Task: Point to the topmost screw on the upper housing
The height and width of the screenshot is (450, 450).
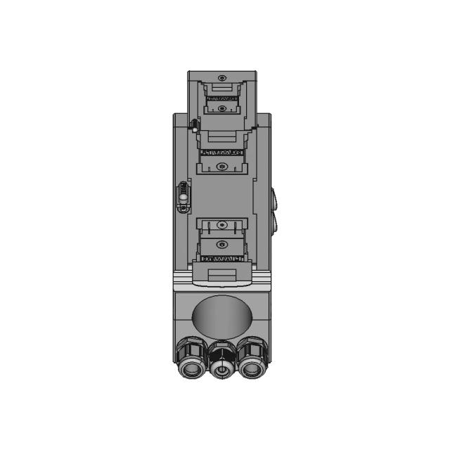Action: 222,77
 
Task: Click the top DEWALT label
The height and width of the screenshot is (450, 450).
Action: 221,99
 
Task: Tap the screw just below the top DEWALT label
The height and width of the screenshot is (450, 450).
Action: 221,109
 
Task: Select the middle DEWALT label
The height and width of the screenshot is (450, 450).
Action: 221,151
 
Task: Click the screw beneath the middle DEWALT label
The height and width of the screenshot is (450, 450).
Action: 222,167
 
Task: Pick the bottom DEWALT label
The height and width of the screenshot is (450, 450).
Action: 221,259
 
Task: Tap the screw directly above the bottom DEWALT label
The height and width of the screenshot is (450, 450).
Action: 222,244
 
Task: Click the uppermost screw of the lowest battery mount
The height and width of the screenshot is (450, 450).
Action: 222,224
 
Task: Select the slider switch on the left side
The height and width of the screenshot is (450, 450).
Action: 184,193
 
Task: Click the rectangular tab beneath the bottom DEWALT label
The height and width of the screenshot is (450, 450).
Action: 221,275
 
